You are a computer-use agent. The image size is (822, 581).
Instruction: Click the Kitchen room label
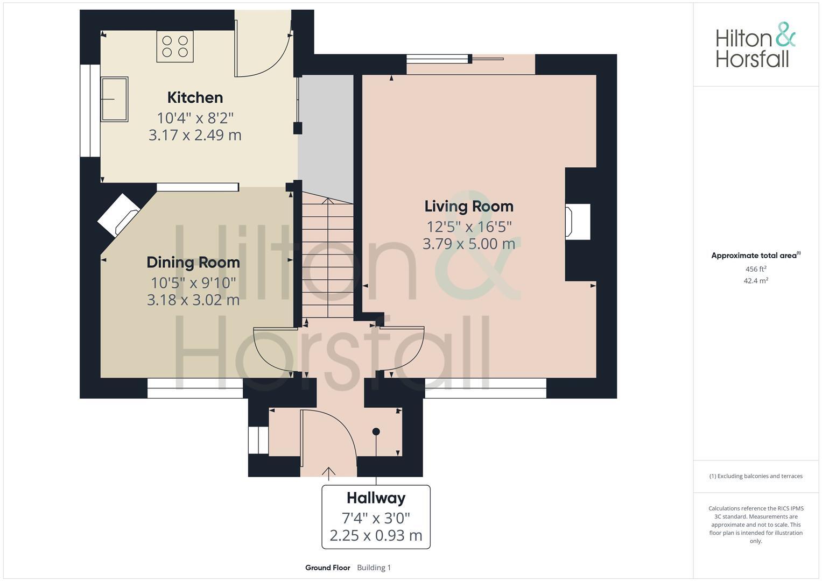coord(195,97)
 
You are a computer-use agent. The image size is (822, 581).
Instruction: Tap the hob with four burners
coord(175,46)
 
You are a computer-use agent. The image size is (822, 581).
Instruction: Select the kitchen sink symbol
coord(115,99)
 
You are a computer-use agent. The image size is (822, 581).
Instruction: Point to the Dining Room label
coord(193,263)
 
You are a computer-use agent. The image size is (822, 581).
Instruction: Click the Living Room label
coord(469,206)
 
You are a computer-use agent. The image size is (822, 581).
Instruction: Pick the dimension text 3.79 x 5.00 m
coord(469,244)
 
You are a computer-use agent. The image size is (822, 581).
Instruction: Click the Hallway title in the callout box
coord(376,498)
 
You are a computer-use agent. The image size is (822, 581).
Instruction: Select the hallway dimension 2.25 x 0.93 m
coord(376,536)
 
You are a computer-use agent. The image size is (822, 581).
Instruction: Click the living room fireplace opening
coord(577,222)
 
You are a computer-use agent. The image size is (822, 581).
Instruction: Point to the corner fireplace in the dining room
coord(118,215)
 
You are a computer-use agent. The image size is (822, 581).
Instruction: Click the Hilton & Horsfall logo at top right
coord(755,45)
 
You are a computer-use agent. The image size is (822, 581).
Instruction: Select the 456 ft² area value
coord(755,269)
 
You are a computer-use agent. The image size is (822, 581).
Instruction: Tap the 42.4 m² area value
coord(755,281)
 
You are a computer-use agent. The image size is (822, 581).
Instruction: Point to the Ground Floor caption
coord(327,568)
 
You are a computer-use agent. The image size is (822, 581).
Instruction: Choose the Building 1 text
coord(374,568)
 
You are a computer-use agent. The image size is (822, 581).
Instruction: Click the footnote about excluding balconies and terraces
coord(756,476)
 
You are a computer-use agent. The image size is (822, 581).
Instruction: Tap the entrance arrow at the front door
coord(328,473)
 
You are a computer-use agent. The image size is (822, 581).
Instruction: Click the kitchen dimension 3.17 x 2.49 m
coord(195,135)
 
